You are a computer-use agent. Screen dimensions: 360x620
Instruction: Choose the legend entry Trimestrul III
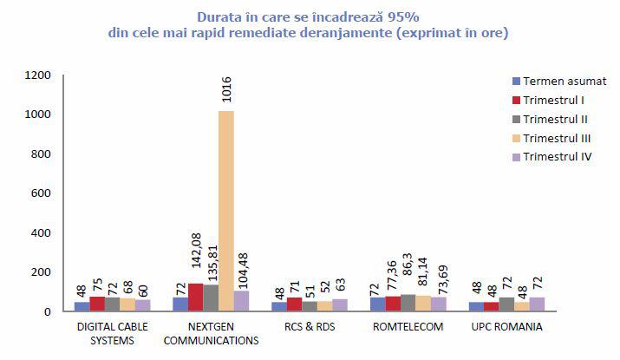pyautogui.click(x=551, y=138)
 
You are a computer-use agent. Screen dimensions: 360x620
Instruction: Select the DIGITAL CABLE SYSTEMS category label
pyautogui.click(x=112, y=334)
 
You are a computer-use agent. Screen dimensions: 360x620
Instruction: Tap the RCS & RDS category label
pyautogui.click(x=309, y=328)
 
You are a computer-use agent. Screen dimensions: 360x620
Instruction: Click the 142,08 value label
pyautogui.click(x=195, y=257)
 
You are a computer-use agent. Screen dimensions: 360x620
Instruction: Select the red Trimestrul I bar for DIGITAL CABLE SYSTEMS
pyautogui.click(x=97, y=304)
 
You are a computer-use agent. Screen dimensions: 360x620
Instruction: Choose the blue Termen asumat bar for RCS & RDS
pyautogui.click(x=279, y=306)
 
